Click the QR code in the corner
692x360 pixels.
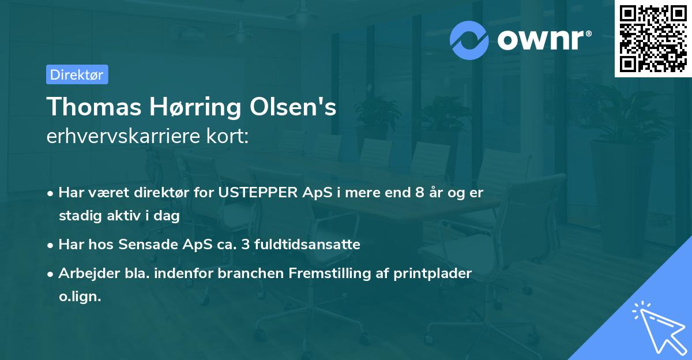653,38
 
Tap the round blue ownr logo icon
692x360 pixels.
469,40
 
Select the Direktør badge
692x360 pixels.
77,74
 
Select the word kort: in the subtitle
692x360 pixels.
228,137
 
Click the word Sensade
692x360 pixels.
147,245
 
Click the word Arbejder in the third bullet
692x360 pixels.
82,273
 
